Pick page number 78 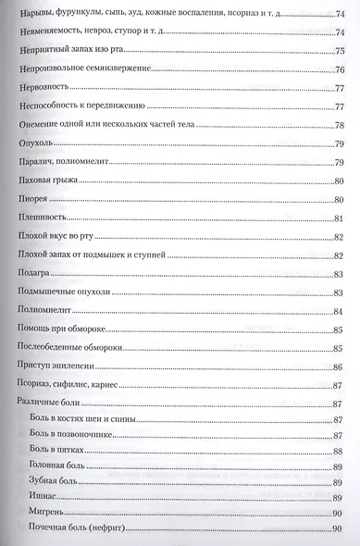339,126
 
